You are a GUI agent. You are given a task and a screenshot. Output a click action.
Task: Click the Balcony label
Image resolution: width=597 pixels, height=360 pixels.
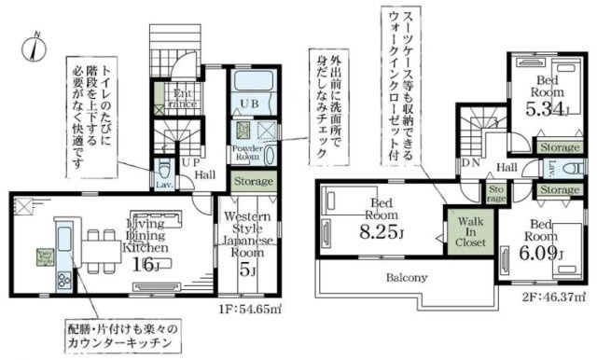click(404, 277)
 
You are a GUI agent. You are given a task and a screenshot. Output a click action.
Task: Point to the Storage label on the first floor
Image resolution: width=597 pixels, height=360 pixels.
click(253, 181)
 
